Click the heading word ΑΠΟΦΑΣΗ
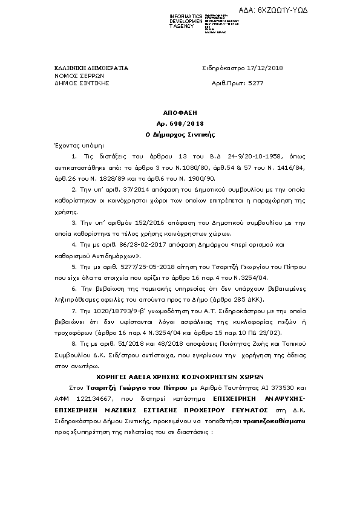[x=180, y=112]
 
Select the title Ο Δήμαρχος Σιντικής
[x=180, y=133]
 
